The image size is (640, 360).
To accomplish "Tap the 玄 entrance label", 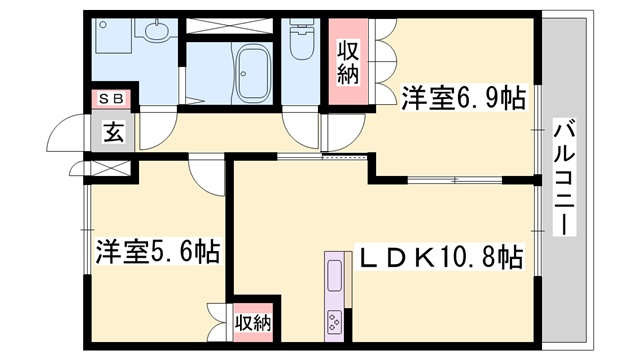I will (112, 132).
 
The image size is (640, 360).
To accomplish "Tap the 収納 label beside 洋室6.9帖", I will (348, 63).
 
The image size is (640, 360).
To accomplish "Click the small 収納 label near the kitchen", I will (254, 323).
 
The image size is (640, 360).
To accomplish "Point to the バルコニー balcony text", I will (563, 176).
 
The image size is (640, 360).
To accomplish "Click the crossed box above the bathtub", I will (233, 26).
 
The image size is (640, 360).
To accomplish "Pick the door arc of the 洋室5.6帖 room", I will (206, 176).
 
